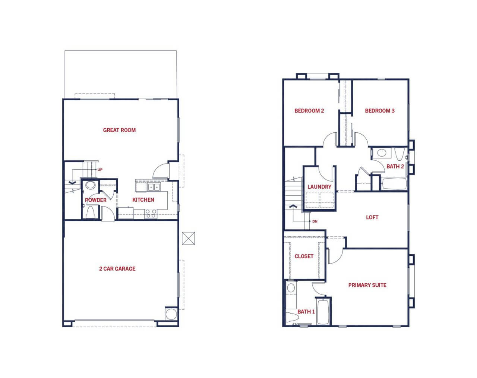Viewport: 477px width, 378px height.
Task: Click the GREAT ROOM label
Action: pos(119,130)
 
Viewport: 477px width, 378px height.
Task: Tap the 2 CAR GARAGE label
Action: pos(117,269)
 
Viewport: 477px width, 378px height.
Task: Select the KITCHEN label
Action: pos(143,200)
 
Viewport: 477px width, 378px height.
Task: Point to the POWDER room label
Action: pos(96,200)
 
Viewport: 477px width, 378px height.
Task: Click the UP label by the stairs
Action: pos(100,170)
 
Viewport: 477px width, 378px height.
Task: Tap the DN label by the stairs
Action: pos(315,221)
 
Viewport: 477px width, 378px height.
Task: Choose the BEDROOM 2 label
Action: pos(309,111)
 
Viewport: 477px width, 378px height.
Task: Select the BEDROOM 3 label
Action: pos(380,111)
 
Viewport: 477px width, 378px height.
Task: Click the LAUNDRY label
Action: pos(319,187)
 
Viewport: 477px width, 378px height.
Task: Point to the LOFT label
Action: pos(372,217)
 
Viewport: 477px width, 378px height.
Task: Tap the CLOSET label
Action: pos(304,256)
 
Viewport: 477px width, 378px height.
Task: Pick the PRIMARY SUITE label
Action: pos(367,285)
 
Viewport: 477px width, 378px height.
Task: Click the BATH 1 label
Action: pos(306,312)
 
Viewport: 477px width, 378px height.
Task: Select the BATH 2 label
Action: pos(395,166)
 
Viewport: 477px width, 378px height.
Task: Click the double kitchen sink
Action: pos(154,187)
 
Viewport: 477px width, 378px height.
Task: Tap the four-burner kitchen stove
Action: pos(151,214)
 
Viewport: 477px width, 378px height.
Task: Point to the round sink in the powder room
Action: pos(91,185)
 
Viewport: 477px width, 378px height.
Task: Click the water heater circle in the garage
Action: pos(171,314)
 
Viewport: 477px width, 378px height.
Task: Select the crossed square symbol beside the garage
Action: pos(189,238)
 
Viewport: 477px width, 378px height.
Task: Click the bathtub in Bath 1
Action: pos(323,312)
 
